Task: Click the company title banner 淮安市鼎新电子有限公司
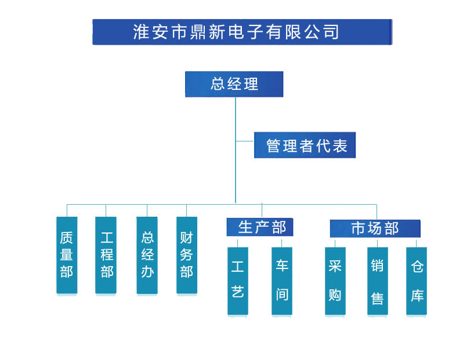pos(242,32)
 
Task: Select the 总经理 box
pos(234,84)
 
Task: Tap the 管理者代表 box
pos(305,145)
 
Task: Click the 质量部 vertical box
pos(67,255)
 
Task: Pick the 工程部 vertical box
pos(106,255)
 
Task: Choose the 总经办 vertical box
pos(147,255)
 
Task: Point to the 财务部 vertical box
pos(187,255)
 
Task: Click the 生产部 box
pos(260,227)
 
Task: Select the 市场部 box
pos(375,228)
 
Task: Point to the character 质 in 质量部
pos(67,238)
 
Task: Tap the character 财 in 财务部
pos(187,238)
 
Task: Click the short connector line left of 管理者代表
pos(244,141)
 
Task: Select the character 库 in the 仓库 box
pos(417,296)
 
